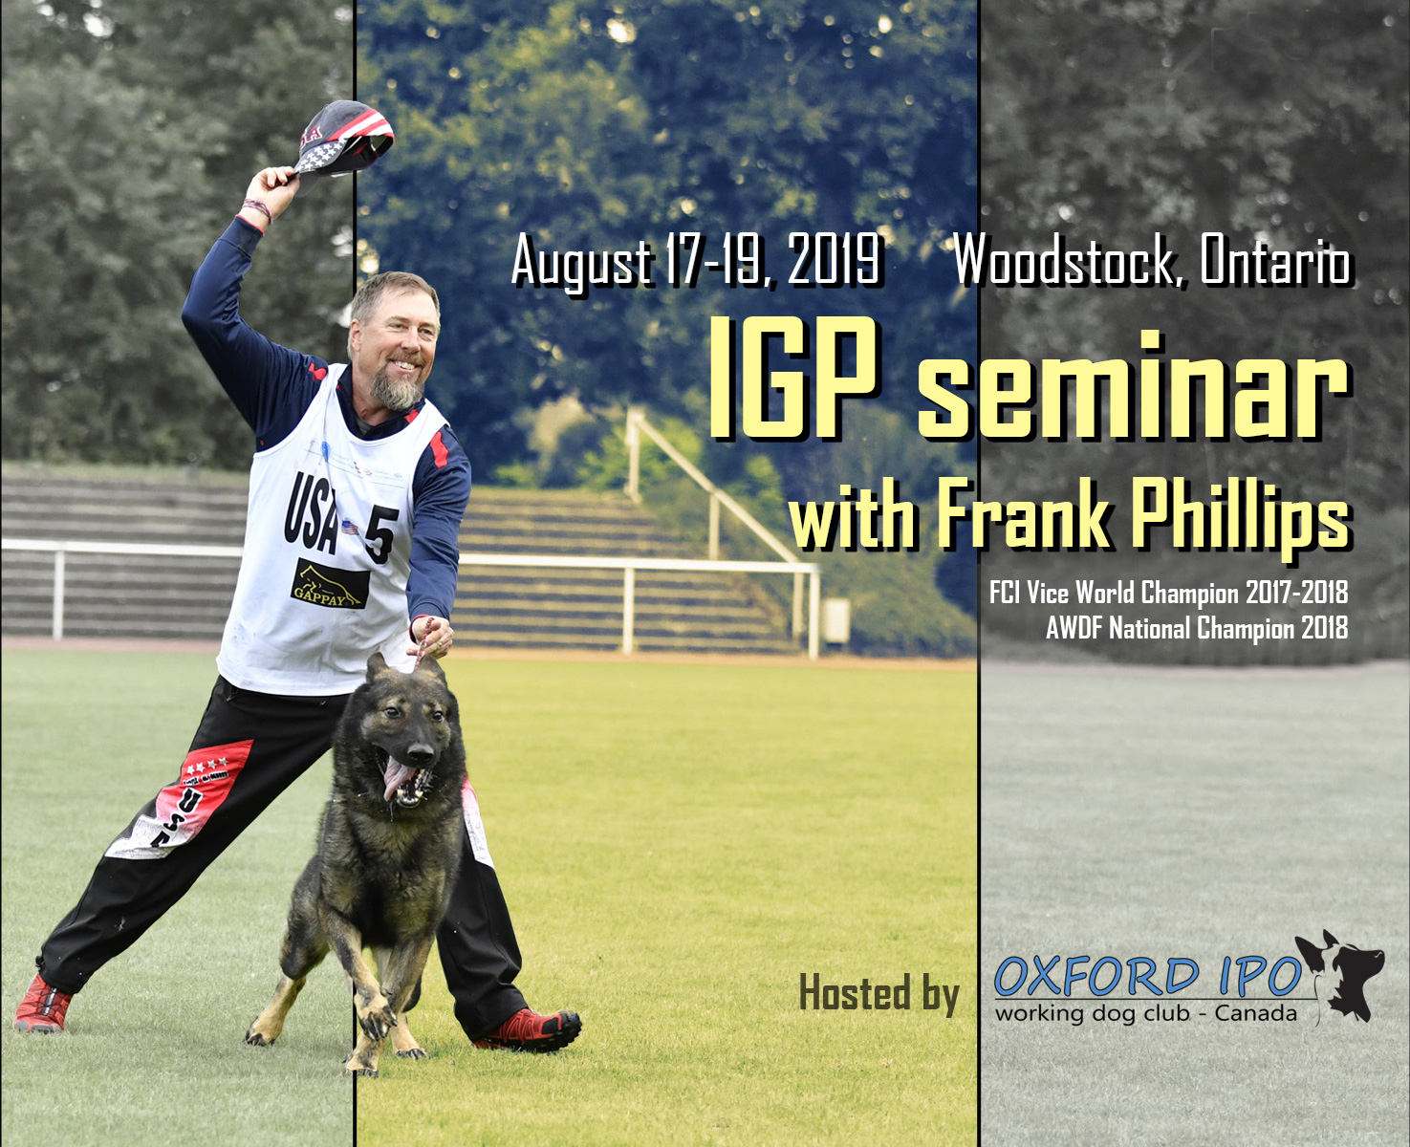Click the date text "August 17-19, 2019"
pos(696,261)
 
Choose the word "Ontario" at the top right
pos(1275,259)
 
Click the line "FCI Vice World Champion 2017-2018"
pos(1168,593)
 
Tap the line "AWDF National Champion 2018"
pos(1197,627)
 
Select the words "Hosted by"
pos(879,993)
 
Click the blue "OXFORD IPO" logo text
pos(1148,976)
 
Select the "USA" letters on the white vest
pos(311,512)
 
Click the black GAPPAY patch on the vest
pos(330,583)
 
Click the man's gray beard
pos(396,388)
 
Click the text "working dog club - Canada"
pos(1146,1013)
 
